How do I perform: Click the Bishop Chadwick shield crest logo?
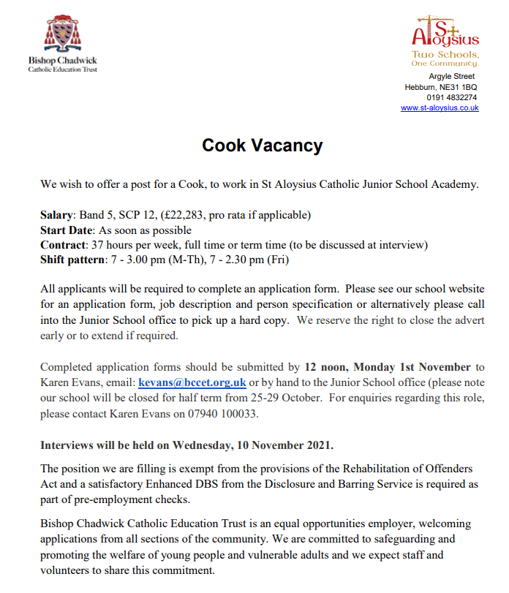click(61, 35)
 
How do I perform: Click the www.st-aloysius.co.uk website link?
click(440, 107)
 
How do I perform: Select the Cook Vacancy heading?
click(262, 146)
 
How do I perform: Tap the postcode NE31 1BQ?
click(458, 87)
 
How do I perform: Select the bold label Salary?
click(56, 215)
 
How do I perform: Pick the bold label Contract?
click(63, 244)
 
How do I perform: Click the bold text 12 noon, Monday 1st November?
click(388, 367)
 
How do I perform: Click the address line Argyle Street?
click(452, 76)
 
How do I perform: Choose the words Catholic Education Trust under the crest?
click(62, 69)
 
